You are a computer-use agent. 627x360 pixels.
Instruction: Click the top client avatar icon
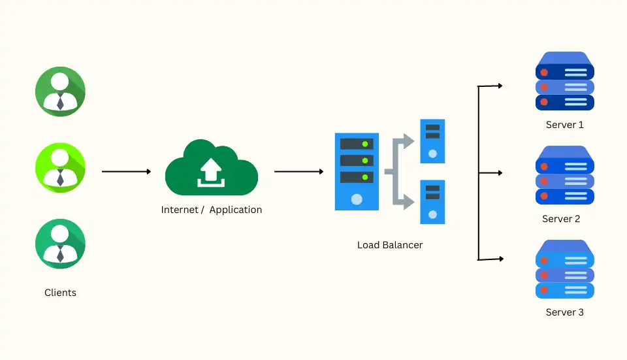[x=60, y=91]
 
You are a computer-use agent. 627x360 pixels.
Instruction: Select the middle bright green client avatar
[x=60, y=167]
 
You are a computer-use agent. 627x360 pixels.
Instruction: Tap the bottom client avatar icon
[x=60, y=244]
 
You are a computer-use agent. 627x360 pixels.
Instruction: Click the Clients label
[x=60, y=293]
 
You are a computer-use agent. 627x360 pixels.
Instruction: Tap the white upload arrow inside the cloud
[x=211, y=171]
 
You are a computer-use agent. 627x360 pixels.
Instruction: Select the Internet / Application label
[x=212, y=210]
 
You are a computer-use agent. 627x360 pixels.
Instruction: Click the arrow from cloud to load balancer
[x=298, y=172]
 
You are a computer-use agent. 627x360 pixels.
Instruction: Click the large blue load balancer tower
[x=357, y=172]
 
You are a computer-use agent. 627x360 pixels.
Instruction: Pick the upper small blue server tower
[x=432, y=140]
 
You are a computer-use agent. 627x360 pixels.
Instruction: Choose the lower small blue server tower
[x=432, y=202]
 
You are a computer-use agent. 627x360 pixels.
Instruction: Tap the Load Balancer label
[x=390, y=245]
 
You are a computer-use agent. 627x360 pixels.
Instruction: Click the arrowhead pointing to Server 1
[x=500, y=86]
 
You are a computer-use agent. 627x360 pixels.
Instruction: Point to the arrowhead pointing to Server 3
[x=500, y=259]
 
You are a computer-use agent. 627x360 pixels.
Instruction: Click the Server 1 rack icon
[x=564, y=82]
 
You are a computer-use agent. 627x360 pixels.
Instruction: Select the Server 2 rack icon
[x=564, y=176]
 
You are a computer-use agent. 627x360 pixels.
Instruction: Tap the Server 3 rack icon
[x=564, y=270]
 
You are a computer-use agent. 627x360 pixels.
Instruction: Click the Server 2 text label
[x=561, y=219]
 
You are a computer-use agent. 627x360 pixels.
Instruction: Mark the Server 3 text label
[x=564, y=312]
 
